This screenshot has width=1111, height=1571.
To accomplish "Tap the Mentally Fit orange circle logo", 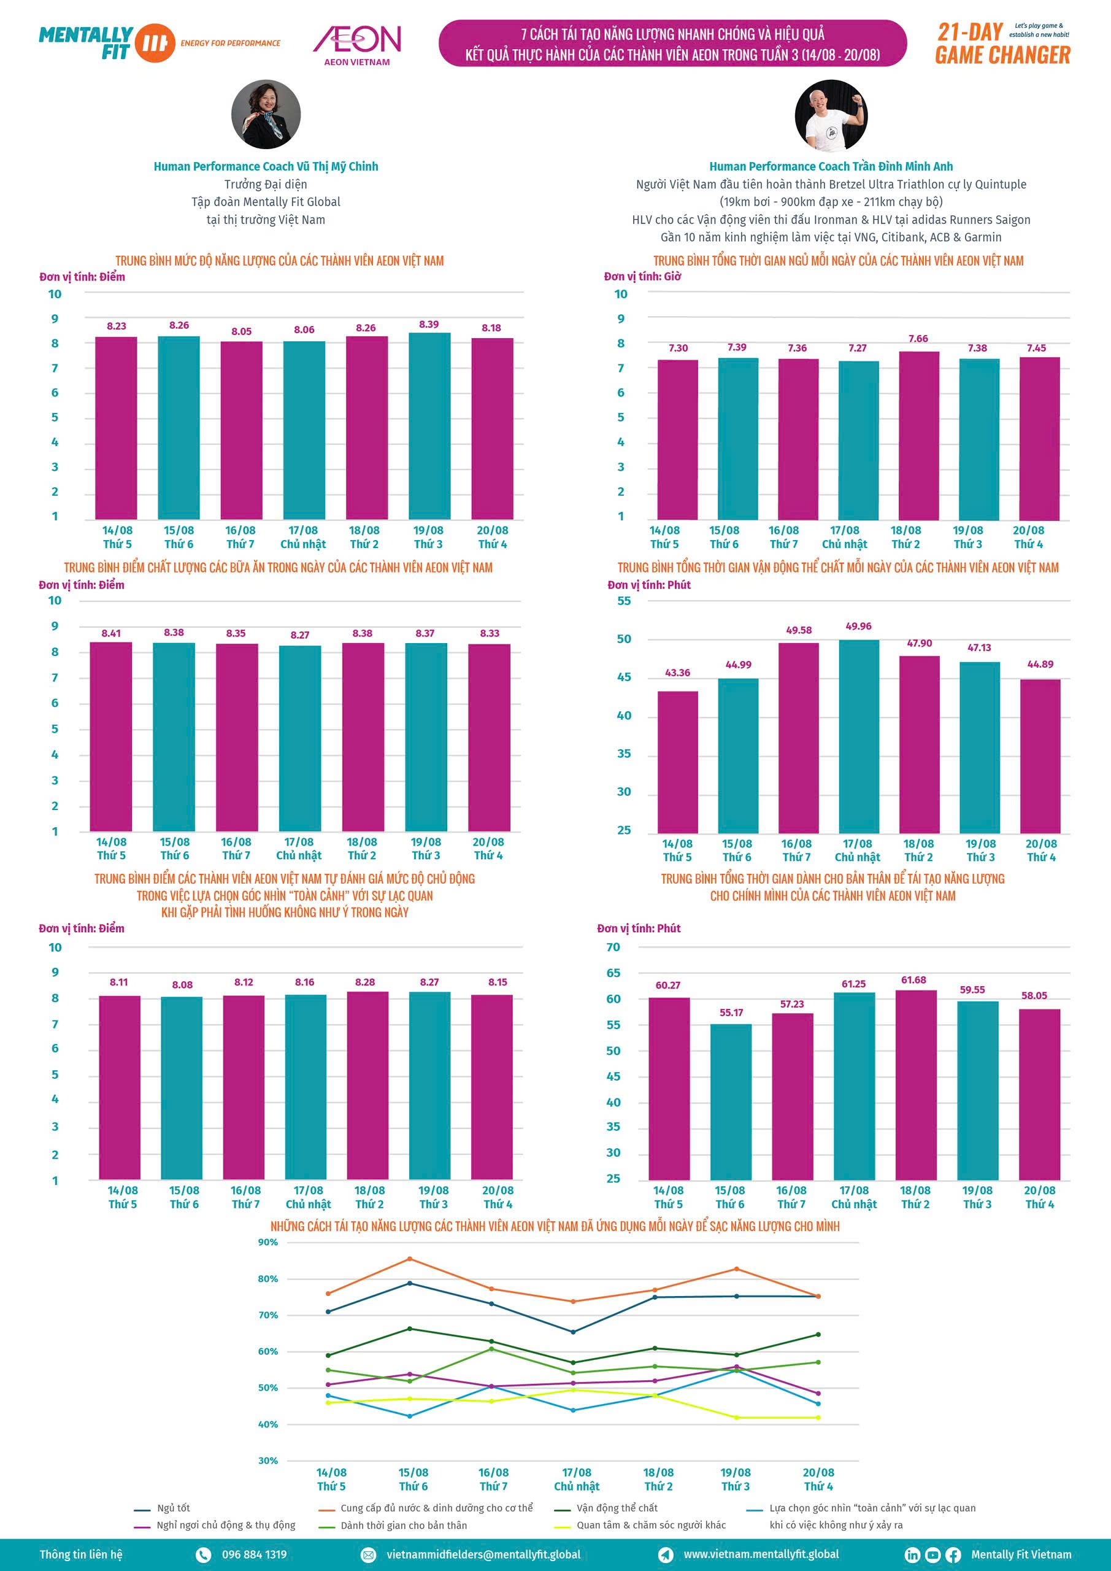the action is click(x=155, y=42).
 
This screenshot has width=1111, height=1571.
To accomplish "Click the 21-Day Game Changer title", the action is click(x=1002, y=43).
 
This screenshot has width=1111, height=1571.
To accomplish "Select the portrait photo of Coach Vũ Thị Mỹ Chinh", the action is click(x=266, y=114).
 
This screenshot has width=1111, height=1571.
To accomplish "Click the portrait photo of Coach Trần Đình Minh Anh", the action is click(x=831, y=114).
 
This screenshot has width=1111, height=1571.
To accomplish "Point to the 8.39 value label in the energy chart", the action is click(x=429, y=325).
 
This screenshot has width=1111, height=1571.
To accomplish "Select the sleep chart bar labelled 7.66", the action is click(x=919, y=436).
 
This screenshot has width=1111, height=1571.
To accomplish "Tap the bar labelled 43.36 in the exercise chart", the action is click(x=678, y=762).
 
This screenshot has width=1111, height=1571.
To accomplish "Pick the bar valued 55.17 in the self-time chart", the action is click(x=731, y=1102).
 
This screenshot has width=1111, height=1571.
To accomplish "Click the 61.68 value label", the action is click(x=913, y=980).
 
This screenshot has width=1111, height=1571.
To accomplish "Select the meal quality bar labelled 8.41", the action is click(x=111, y=736).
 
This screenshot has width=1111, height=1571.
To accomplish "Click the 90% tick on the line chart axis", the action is click(x=268, y=1242).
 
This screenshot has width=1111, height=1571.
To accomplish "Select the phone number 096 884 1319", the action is click(x=254, y=1554).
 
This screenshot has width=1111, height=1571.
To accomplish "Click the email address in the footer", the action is click(x=483, y=1554).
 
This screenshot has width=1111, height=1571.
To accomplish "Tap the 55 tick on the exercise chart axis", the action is click(x=624, y=601).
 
